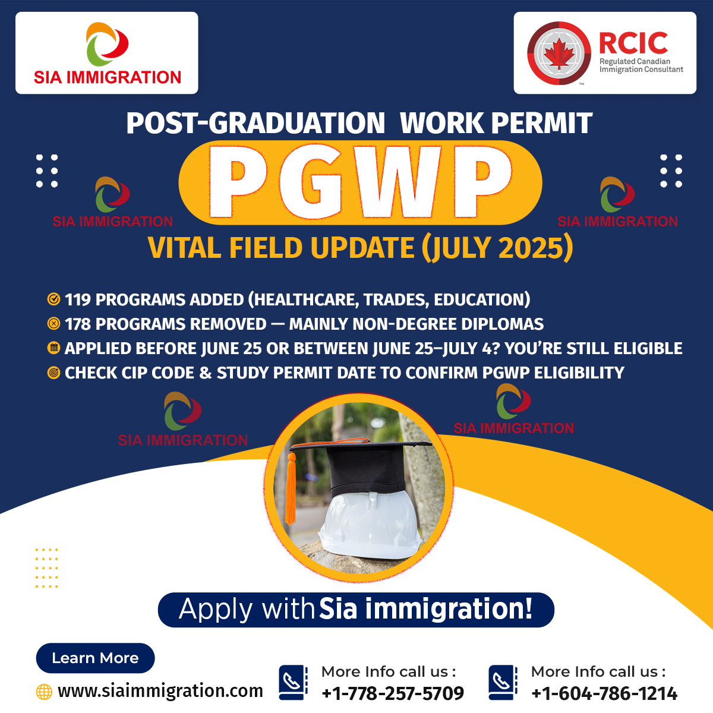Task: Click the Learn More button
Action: click(x=95, y=658)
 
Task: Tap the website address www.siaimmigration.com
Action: click(x=160, y=691)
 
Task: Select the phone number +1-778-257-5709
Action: click(x=393, y=693)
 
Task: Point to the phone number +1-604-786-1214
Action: click(x=604, y=693)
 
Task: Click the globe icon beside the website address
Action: click(x=44, y=692)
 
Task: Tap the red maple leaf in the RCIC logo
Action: click(x=559, y=53)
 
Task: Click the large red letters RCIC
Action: click(x=633, y=43)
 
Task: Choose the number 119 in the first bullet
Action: click(x=78, y=299)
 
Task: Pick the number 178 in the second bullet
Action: click(x=78, y=324)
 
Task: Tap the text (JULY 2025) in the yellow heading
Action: click(x=497, y=248)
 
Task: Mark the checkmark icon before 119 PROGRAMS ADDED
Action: click(x=53, y=299)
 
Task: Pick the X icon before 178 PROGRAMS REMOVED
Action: click(x=53, y=324)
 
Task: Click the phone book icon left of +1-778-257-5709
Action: click(x=293, y=682)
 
